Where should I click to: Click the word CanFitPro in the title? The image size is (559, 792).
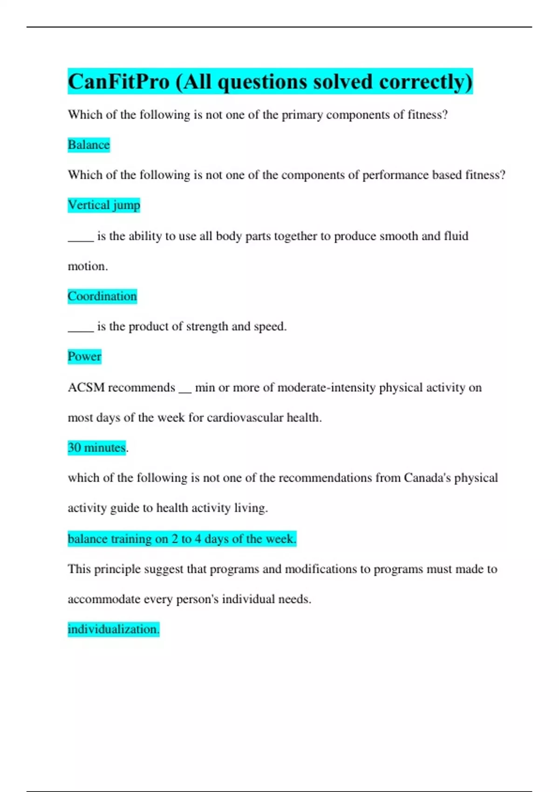coord(119,82)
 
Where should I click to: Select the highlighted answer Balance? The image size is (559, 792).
coord(89,145)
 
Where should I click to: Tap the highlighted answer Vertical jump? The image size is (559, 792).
coord(103,205)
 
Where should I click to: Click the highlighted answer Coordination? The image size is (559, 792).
coord(102,296)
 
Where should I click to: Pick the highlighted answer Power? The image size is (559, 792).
coord(84,356)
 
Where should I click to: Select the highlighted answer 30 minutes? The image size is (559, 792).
coord(96,448)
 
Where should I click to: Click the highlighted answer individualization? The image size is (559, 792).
coord(113,629)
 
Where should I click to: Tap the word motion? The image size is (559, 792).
coord(88,266)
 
